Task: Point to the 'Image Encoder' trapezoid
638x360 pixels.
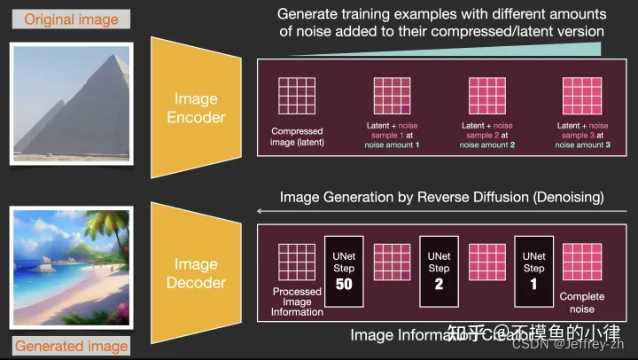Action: coord(196,108)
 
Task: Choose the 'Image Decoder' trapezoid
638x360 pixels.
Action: coord(196,272)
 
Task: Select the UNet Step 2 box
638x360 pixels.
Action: coord(439,270)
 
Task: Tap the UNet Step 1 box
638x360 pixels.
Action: coord(533,270)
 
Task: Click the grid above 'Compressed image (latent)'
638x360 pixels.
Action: coord(297,95)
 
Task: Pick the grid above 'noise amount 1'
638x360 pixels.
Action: coord(391,95)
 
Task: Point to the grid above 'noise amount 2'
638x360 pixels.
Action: coord(486,95)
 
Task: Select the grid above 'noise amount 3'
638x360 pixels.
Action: coord(580,95)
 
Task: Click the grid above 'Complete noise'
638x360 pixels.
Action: coord(581,260)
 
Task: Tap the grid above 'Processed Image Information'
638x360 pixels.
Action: coord(297,262)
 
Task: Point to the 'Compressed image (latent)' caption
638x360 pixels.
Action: coord(297,137)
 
